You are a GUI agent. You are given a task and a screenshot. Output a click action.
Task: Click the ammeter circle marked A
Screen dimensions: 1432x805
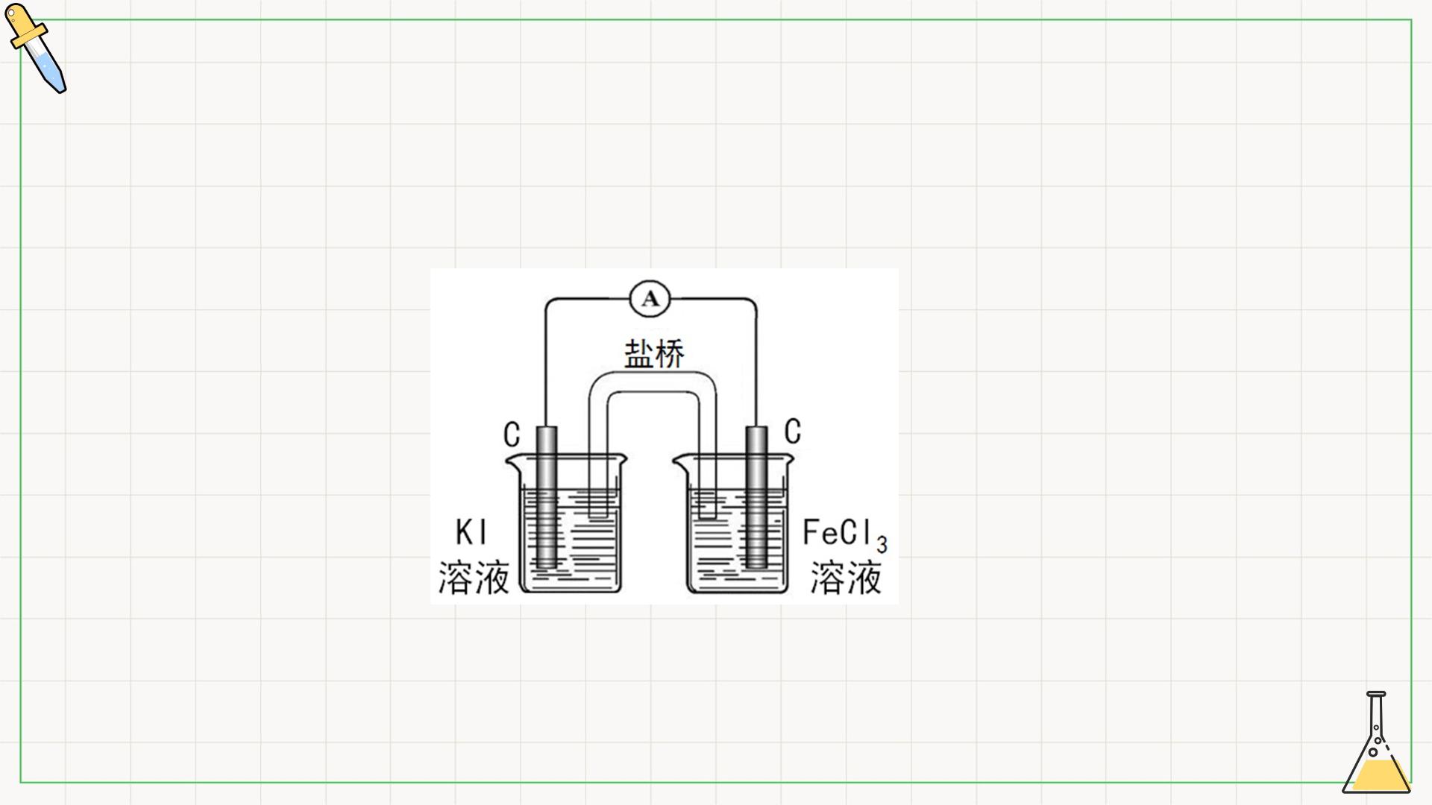click(650, 299)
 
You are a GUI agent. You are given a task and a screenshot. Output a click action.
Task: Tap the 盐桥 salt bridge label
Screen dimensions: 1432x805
click(654, 353)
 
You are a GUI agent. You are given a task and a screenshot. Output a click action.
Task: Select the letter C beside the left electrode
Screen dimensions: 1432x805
click(512, 435)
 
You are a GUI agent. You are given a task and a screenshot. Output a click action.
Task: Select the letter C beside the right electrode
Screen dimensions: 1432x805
click(793, 432)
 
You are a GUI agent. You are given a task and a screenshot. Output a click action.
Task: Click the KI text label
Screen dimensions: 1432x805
click(471, 533)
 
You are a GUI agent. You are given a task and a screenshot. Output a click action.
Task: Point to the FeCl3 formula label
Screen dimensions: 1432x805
click(845, 535)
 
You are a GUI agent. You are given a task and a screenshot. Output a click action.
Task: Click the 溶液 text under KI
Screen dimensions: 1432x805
click(474, 578)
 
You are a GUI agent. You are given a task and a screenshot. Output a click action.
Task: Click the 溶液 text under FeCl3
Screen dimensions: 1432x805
click(847, 578)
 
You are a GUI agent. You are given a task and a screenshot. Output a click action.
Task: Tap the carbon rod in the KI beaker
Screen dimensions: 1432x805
click(547, 497)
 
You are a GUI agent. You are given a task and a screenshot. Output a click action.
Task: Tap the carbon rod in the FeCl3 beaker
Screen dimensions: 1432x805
click(757, 497)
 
